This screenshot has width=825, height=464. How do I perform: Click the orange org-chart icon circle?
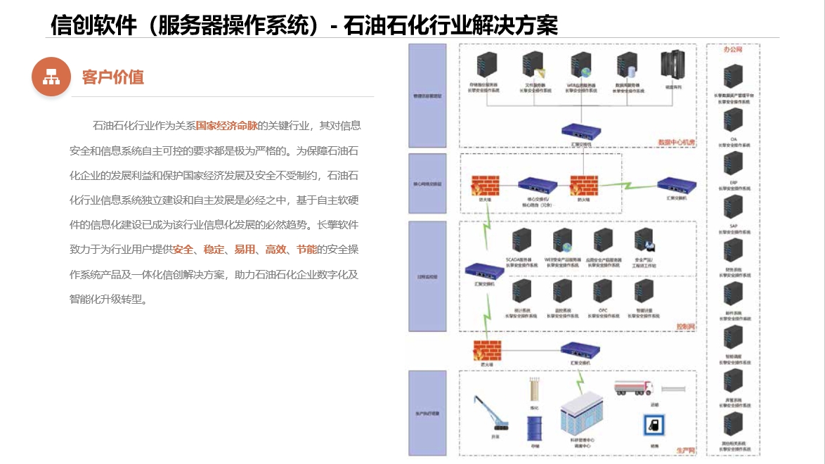tap(51, 77)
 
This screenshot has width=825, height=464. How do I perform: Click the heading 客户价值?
tap(112, 77)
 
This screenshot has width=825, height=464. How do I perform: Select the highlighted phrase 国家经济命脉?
tap(226, 126)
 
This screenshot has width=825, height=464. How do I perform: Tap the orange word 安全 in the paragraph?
tap(183, 250)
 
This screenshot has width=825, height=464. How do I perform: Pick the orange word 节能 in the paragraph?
tap(306, 250)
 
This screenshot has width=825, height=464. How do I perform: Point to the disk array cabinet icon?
tap(673, 65)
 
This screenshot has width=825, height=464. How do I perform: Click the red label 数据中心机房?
tap(675, 143)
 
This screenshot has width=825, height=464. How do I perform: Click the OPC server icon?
tap(602, 290)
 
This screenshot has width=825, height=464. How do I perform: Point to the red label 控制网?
tap(684, 327)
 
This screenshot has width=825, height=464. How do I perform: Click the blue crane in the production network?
tap(493, 413)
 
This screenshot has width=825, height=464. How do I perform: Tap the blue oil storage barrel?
tap(535, 427)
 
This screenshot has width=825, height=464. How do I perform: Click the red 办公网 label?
tap(733, 50)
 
